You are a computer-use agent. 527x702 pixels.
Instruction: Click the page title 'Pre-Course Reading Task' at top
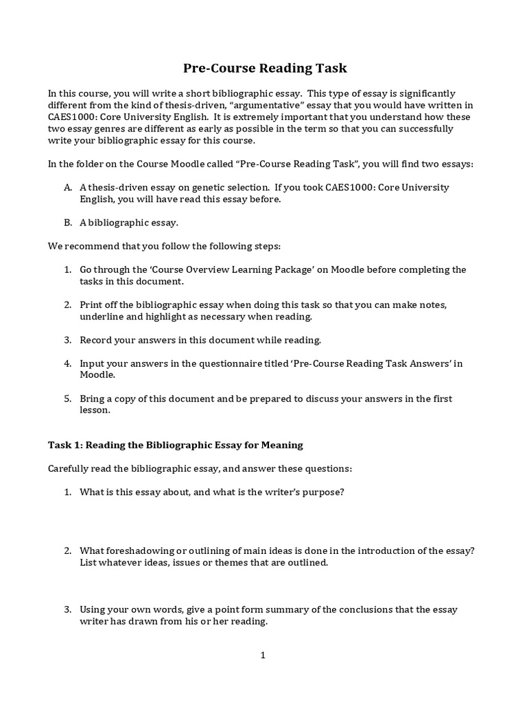point(264,68)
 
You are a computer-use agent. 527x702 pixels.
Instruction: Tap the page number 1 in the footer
point(262,655)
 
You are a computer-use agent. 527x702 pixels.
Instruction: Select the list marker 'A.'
point(68,187)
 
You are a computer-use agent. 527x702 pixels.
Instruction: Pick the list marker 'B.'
point(68,222)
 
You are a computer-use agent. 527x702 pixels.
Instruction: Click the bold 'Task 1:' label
point(65,445)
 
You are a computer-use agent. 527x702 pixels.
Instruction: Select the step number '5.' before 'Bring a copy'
point(68,398)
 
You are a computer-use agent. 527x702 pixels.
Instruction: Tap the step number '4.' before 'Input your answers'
point(68,363)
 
